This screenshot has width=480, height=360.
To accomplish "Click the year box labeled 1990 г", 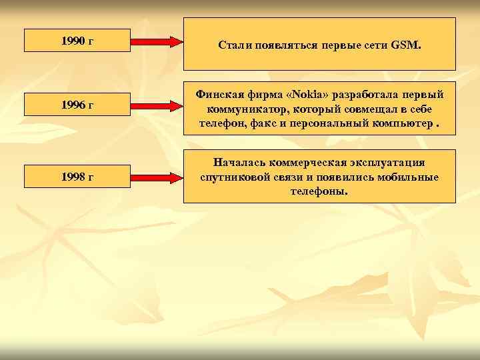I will [77, 41].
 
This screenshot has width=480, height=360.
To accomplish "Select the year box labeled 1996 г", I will [77, 104].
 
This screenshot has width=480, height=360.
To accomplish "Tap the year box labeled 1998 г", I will [77, 177].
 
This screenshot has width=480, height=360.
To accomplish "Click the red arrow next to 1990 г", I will [158, 41].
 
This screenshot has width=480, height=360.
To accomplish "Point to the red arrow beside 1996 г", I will [158, 105].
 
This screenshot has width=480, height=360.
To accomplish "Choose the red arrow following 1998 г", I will [158, 177].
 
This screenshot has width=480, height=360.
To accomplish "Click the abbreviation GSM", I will [406, 46].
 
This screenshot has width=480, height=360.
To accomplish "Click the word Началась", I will [239, 163].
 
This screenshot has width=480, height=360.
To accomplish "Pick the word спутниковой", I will [231, 177].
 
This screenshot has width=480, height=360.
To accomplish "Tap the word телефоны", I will [319, 191].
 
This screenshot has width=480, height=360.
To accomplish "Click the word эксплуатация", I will [387, 163].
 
